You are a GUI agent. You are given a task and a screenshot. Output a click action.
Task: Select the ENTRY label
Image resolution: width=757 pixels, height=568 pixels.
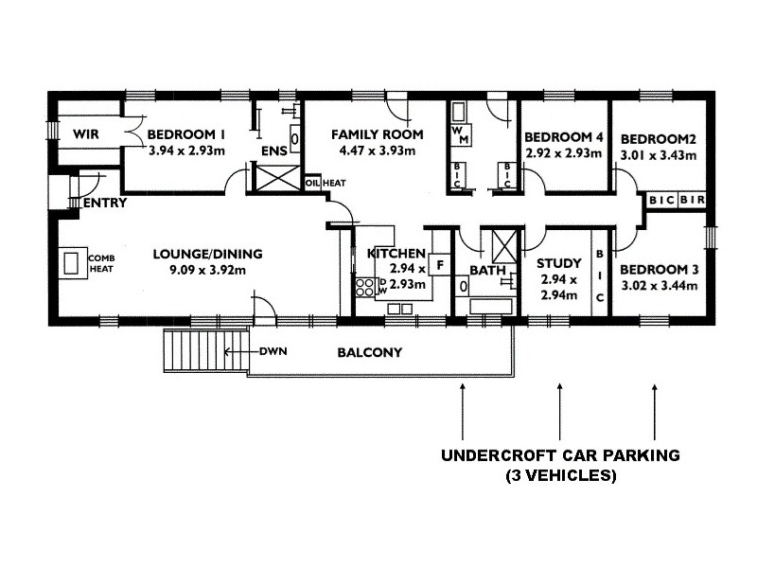(104, 204)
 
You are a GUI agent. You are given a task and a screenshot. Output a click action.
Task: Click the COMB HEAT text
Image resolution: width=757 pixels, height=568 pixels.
(100, 264)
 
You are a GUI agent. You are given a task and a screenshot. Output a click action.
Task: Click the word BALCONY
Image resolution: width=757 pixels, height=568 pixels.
(370, 353)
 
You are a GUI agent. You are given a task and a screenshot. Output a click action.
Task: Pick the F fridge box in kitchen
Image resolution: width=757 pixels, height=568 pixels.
(440, 265)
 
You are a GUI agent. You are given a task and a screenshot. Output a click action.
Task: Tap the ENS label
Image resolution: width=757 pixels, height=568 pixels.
(273, 151)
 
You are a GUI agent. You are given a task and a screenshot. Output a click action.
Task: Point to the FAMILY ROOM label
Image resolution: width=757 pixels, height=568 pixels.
(377, 133)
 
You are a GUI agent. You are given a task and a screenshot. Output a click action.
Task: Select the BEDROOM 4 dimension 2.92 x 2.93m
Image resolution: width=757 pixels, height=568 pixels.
(563, 151)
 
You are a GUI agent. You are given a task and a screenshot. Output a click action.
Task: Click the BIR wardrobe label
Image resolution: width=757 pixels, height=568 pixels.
(692, 201)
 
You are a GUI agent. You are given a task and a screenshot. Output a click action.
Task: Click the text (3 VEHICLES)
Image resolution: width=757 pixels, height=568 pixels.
(559, 476)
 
